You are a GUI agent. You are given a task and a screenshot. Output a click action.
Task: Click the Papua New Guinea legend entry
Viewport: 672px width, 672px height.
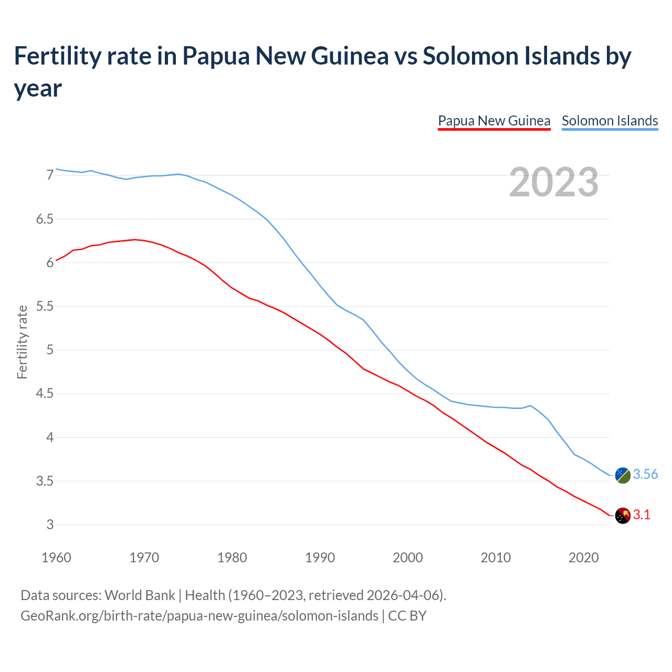[494, 121]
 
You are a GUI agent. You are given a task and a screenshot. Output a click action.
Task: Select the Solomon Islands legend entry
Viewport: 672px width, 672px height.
[610, 121]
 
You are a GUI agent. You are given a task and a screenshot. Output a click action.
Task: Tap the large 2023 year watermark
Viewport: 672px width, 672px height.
[554, 182]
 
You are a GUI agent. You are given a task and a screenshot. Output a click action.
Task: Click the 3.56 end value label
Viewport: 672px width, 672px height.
[645, 475]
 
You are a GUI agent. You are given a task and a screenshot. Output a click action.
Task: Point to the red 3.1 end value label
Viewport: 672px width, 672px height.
[642, 515]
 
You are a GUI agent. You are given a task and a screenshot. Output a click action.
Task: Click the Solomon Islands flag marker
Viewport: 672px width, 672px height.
[623, 475]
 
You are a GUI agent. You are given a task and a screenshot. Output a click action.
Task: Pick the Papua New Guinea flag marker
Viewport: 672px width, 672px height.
[623, 516]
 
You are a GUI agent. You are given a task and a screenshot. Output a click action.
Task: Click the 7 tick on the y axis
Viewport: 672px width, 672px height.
[50, 175]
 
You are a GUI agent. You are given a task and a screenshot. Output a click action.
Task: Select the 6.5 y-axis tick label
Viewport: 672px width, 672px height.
[45, 219]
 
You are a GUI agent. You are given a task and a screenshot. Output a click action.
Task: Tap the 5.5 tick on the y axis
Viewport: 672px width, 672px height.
[45, 306]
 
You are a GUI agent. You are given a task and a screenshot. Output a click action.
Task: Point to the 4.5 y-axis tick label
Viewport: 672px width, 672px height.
[45, 394]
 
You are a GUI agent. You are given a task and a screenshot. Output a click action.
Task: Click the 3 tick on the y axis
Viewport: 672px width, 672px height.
[50, 525]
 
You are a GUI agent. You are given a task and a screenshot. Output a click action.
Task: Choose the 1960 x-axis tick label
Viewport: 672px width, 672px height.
[56, 558]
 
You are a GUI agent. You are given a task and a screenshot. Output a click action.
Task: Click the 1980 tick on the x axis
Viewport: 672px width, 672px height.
[232, 558]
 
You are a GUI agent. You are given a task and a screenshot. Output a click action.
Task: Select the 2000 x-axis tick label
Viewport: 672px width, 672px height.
[408, 558]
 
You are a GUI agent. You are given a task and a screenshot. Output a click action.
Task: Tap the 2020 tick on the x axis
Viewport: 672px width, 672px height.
[584, 558]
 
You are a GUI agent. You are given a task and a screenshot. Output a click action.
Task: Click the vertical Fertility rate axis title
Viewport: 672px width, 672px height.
[22, 342]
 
